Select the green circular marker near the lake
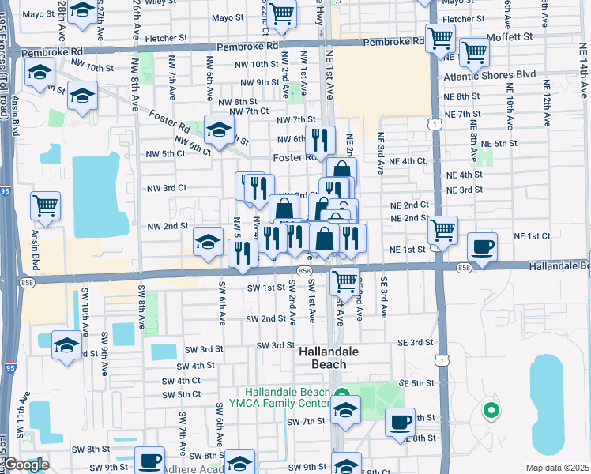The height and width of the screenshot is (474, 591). (x=491, y=410)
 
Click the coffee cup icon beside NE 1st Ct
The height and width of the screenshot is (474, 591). (x=482, y=246)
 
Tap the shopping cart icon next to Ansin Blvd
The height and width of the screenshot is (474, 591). (x=45, y=205)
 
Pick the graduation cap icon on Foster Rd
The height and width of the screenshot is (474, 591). (x=220, y=130)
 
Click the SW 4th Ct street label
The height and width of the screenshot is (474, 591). (x=181, y=380)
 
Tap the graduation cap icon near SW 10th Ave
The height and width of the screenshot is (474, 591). (x=67, y=344)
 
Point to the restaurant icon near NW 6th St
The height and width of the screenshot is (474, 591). (x=320, y=140)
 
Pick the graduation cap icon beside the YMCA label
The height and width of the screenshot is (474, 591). (x=344, y=409)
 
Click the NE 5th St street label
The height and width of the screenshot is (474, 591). (x=499, y=143)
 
